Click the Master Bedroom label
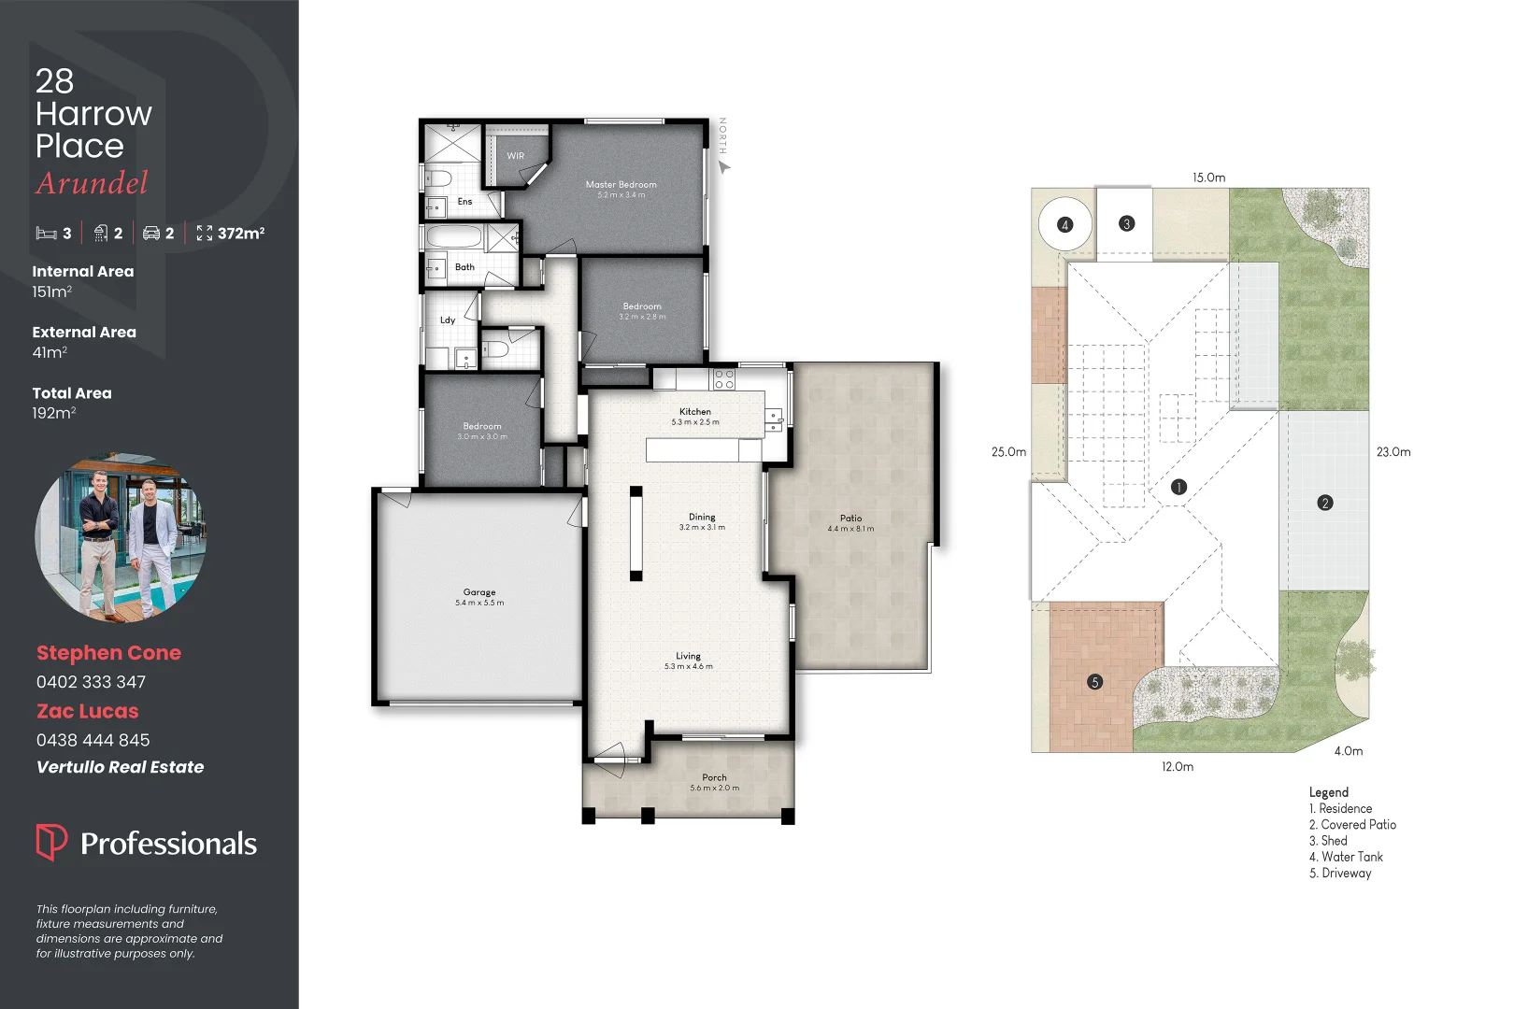[x=621, y=185]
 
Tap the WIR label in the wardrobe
[x=516, y=156]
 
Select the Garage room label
[x=479, y=592]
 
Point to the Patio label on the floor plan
[x=850, y=519]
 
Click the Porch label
[x=714, y=777]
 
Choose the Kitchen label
[x=695, y=412]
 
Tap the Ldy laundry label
[x=448, y=320]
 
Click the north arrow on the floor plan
[x=724, y=166]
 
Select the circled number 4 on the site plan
[x=1064, y=225]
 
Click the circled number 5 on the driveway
[x=1095, y=682]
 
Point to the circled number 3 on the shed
[x=1126, y=224]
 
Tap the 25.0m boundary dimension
[x=1008, y=452]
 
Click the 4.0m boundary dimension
[x=1348, y=751]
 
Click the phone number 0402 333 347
[x=92, y=682]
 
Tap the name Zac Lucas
[x=88, y=712]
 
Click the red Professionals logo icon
[x=51, y=842]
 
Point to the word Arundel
[x=93, y=183]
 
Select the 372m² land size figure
[x=240, y=234]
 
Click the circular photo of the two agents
[x=120, y=538]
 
